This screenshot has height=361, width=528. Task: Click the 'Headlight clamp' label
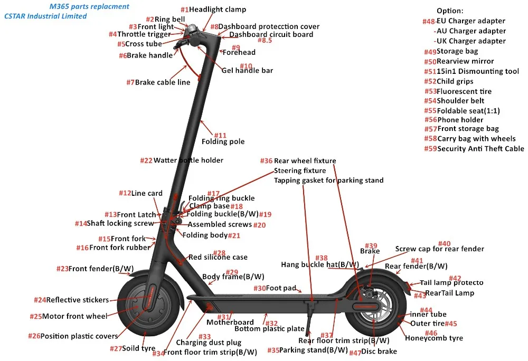point(217,9)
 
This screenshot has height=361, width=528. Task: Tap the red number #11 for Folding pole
point(220,136)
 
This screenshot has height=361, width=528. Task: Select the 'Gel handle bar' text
point(247,70)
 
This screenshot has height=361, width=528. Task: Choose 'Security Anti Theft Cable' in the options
point(480,148)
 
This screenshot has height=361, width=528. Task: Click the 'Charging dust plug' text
point(208,343)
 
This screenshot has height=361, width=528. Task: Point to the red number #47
point(355,352)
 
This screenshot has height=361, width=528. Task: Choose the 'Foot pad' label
point(284,288)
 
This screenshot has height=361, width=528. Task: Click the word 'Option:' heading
point(450,11)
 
